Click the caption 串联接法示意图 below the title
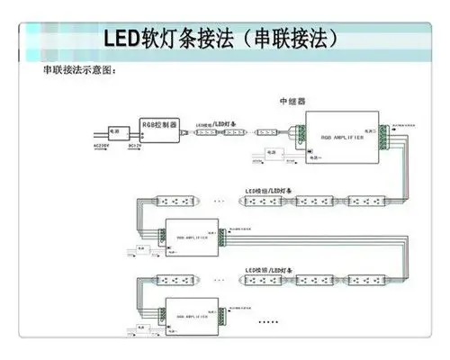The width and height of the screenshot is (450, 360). [x=81, y=70]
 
